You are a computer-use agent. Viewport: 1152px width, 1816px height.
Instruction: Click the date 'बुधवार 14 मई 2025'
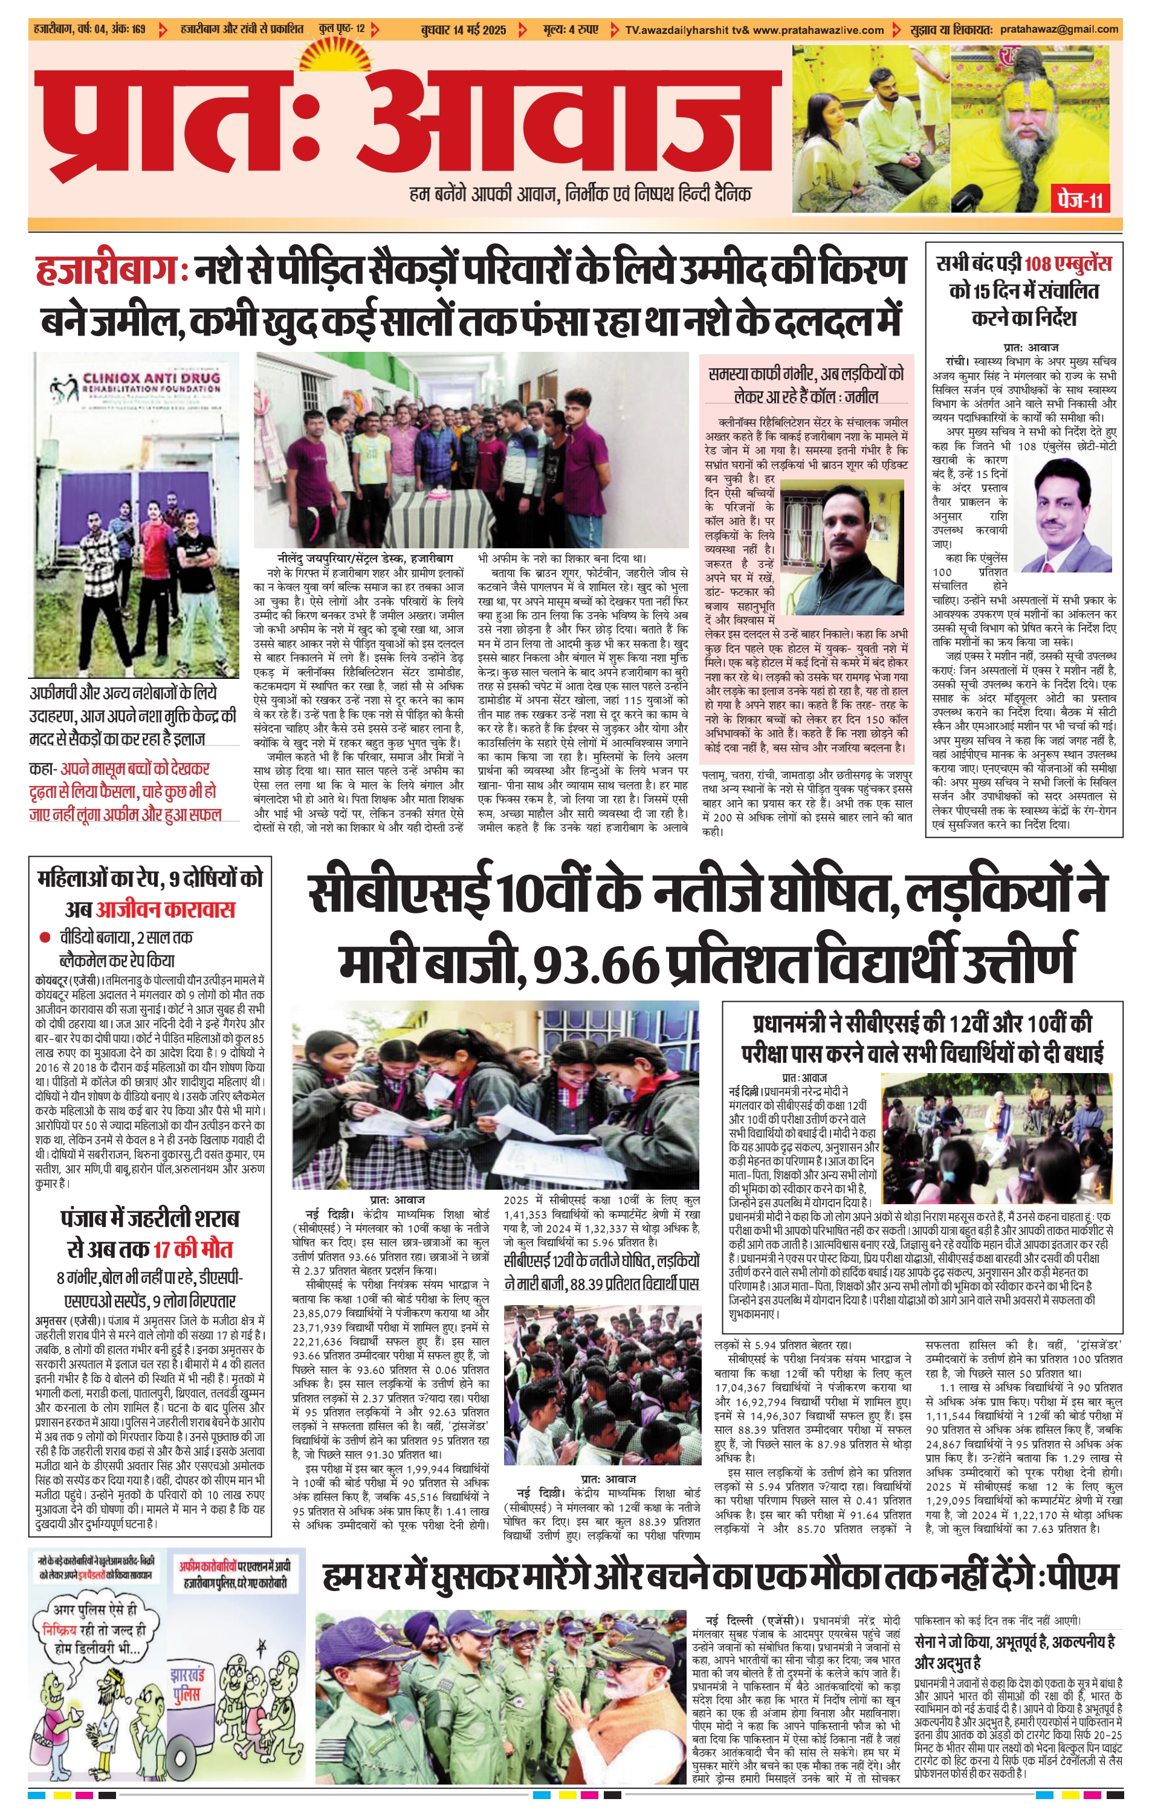463,30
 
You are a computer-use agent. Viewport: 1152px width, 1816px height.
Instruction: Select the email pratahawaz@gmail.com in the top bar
1058,30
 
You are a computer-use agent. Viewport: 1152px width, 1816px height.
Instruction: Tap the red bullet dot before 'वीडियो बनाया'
45,938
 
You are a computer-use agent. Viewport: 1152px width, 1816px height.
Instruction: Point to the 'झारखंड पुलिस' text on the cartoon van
187,1679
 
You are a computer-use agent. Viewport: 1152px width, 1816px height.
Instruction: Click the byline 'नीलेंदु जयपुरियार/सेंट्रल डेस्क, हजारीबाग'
364,559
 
